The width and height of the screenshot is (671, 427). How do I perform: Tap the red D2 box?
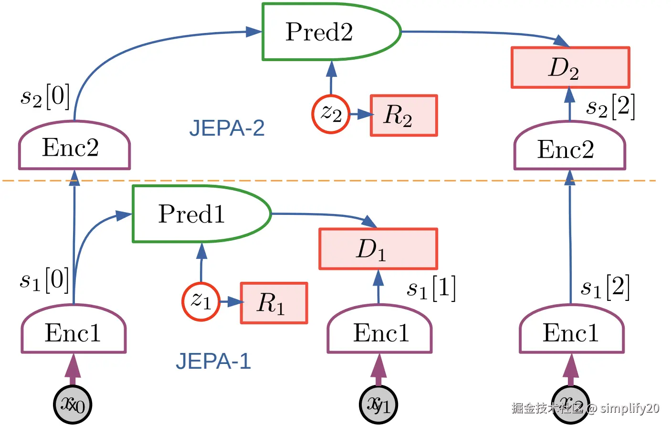tap(570, 67)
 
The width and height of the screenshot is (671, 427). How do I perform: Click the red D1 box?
tap(378, 249)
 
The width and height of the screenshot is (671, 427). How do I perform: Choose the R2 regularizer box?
tap(404, 116)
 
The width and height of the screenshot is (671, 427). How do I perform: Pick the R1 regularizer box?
tap(274, 303)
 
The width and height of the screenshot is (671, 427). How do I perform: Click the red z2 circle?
tap(331, 114)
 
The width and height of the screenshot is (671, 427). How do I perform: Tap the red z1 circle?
tap(201, 302)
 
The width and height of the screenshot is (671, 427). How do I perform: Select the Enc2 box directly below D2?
tap(569, 148)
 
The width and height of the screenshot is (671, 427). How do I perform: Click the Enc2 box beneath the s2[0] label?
tap(74, 147)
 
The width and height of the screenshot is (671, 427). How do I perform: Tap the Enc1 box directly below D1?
tap(379, 331)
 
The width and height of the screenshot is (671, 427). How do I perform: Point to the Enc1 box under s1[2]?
tap(571, 331)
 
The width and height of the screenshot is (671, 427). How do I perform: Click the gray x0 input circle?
tap(73, 405)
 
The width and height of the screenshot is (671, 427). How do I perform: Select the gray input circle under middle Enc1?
tap(378, 405)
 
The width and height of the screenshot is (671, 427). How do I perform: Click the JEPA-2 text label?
tap(227, 128)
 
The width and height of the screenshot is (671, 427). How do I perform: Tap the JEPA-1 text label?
tap(213, 361)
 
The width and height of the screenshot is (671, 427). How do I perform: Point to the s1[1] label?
tap(431, 288)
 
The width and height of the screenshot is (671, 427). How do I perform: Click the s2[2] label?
tap(610, 107)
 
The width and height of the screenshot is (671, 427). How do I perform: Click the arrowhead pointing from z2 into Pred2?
tap(331, 69)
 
